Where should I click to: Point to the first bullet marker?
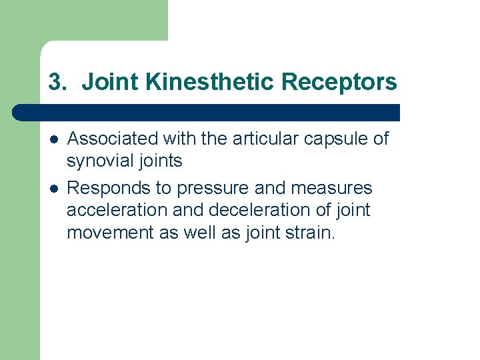[54, 139]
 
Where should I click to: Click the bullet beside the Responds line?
[54, 189]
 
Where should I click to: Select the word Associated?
[113, 139]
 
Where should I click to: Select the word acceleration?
[110, 211]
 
